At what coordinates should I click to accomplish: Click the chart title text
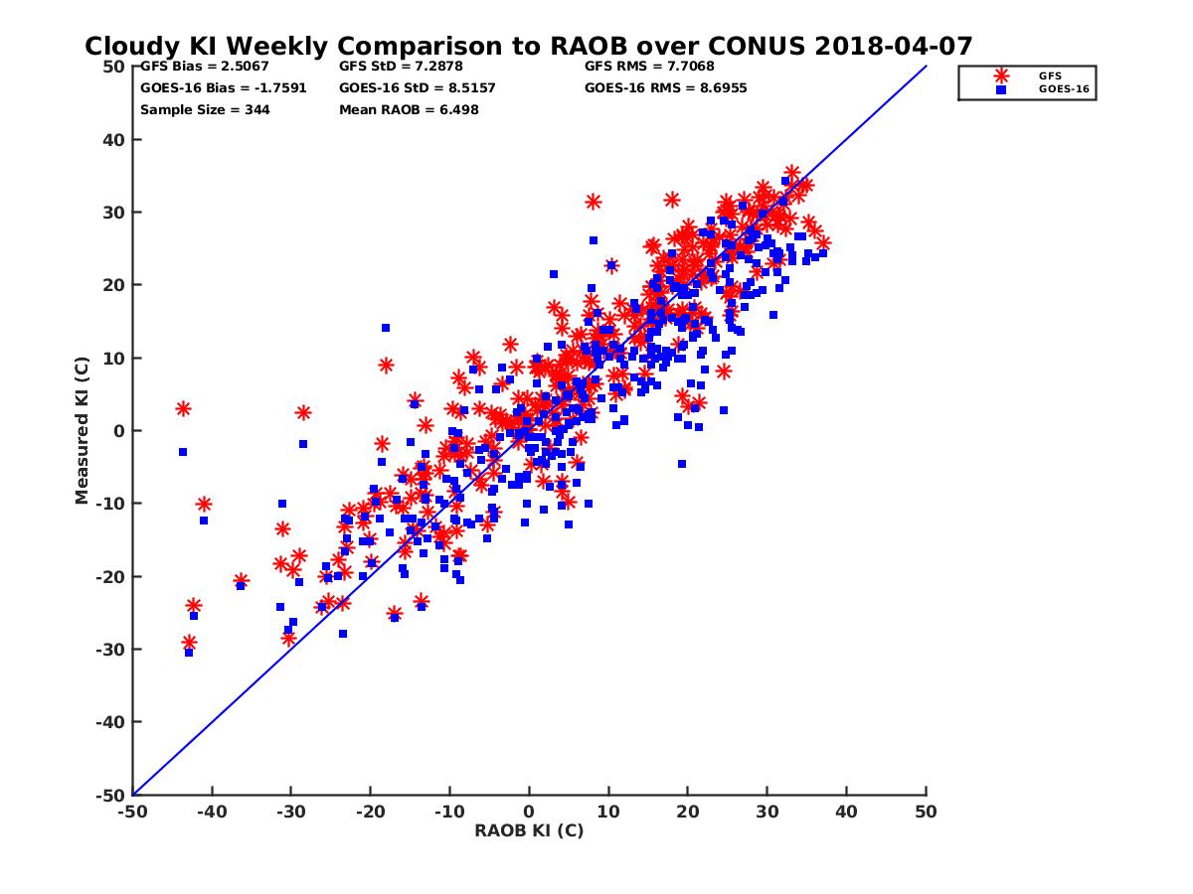click(528, 47)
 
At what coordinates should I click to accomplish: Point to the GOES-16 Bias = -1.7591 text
click(223, 88)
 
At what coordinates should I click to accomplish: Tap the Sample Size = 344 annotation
click(205, 109)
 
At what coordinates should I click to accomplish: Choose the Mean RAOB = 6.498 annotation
click(409, 109)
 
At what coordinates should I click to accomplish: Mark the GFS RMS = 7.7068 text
click(648, 68)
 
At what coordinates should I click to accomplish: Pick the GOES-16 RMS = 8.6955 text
click(665, 88)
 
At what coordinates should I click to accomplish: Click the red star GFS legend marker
click(1001, 75)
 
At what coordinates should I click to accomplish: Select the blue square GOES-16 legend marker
click(1001, 89)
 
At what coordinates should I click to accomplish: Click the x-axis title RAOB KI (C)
click(529, 830)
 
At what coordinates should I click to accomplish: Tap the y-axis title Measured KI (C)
click(82, 431)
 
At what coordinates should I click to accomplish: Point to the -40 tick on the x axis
click(211, 812)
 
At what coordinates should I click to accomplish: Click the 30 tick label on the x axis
click(767, 812)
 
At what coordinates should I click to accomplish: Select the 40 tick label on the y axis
click(114, 140)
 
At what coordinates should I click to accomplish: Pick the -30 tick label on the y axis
click(110, 650)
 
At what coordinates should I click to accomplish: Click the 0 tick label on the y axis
click(119, 431)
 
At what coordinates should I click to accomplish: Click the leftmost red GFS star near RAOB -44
click(183, 409)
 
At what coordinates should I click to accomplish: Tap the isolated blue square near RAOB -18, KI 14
click(386, 328)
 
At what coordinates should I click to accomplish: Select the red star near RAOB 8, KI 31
click(594, 202)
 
